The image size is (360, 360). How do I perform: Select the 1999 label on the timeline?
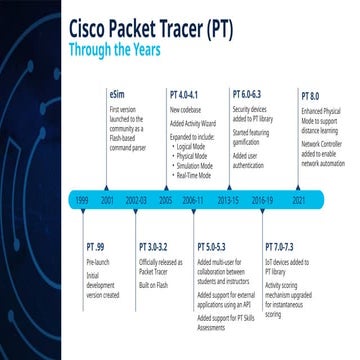[x=82, y=200]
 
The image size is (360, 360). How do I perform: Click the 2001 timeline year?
[x=108, y=200]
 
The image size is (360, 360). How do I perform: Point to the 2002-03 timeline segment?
[x=136, y=200]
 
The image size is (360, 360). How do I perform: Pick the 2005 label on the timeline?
[x=165, y=200]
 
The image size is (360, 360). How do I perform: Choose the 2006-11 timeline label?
[x=192, y=200]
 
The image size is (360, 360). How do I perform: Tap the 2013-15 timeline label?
[x=229, y=200]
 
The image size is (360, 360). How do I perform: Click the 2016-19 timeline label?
[x=263, y=200]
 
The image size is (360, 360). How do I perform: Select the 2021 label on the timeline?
[x=299, y=200]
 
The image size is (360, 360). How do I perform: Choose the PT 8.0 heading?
[x=310, y=95]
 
